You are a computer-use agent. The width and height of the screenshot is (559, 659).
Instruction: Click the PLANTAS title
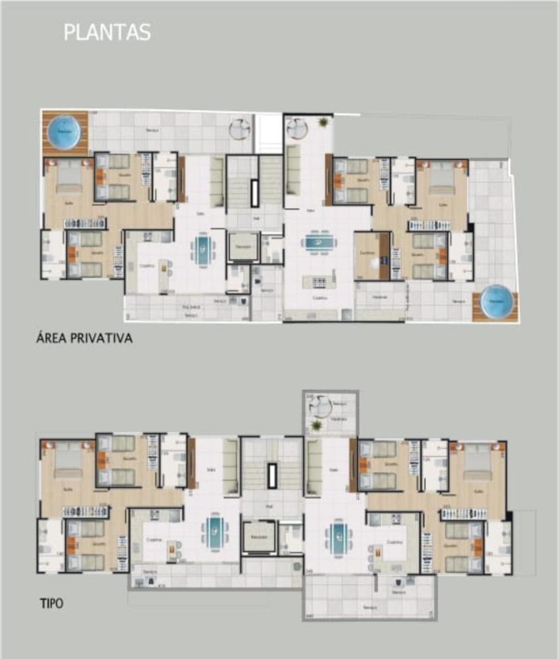pos(107,32)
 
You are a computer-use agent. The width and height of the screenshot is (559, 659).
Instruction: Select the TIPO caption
pos(52,604)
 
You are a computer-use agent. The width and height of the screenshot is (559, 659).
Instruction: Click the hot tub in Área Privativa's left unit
pos(64,132)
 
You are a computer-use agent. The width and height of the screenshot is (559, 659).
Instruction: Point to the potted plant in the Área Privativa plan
pos(323,122)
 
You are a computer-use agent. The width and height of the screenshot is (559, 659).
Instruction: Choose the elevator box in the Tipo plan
pos(258,536)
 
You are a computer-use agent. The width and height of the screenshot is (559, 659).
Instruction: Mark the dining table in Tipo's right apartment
pos(337,538)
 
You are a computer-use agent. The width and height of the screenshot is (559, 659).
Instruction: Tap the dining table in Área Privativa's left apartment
pos(203,248)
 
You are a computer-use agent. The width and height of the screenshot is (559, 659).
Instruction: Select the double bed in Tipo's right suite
pos(477,462)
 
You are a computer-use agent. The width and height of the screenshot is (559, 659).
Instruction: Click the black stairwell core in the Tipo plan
pos(272,476)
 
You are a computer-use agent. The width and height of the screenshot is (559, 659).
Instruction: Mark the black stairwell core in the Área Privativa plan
pos(254,193)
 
